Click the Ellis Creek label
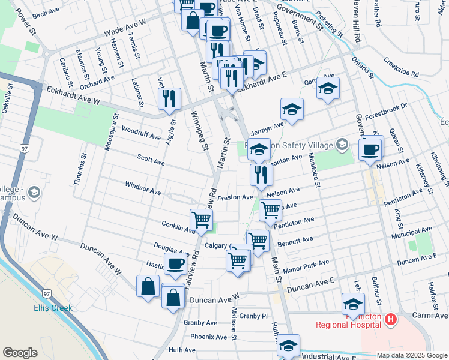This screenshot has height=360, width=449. pos(53,308)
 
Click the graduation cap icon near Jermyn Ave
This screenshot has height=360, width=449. pos(292,110)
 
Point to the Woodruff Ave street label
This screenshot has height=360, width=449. pos(140,133)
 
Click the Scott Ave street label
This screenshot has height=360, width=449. pos(151,161)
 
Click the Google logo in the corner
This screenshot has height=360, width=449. pos(20,353)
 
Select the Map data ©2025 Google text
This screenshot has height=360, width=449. pos(412,355)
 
